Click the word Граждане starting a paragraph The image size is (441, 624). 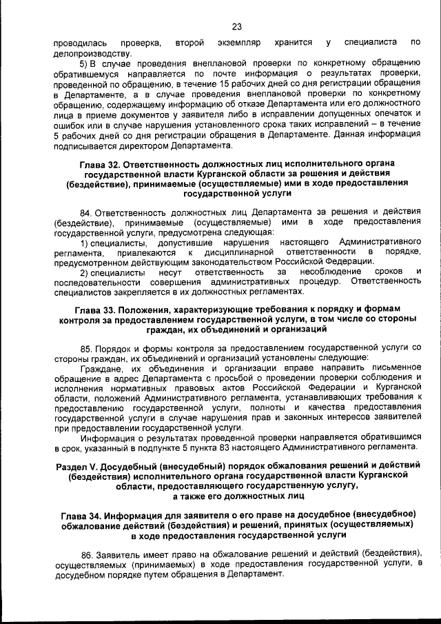(102, 368)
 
